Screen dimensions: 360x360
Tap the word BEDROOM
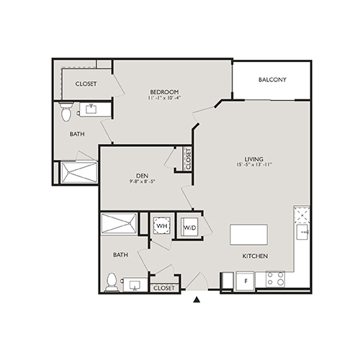(164, 91)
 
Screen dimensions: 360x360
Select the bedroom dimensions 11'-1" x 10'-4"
(164, 98)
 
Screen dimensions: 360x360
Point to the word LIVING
(253, 158)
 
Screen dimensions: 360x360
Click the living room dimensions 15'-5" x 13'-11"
(253, 166)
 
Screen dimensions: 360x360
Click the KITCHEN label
(255, 256)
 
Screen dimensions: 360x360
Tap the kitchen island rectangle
(248, 235)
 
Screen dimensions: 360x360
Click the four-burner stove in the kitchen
(275, 279)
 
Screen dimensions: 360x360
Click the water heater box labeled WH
(161, 226)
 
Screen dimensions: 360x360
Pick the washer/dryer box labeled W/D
(189, 227)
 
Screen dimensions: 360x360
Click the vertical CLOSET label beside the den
(188, 158)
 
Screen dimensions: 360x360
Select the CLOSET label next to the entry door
(163, 287)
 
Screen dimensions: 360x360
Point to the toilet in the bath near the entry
(112, 282)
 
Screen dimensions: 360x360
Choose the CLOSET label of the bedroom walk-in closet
(87, 84)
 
